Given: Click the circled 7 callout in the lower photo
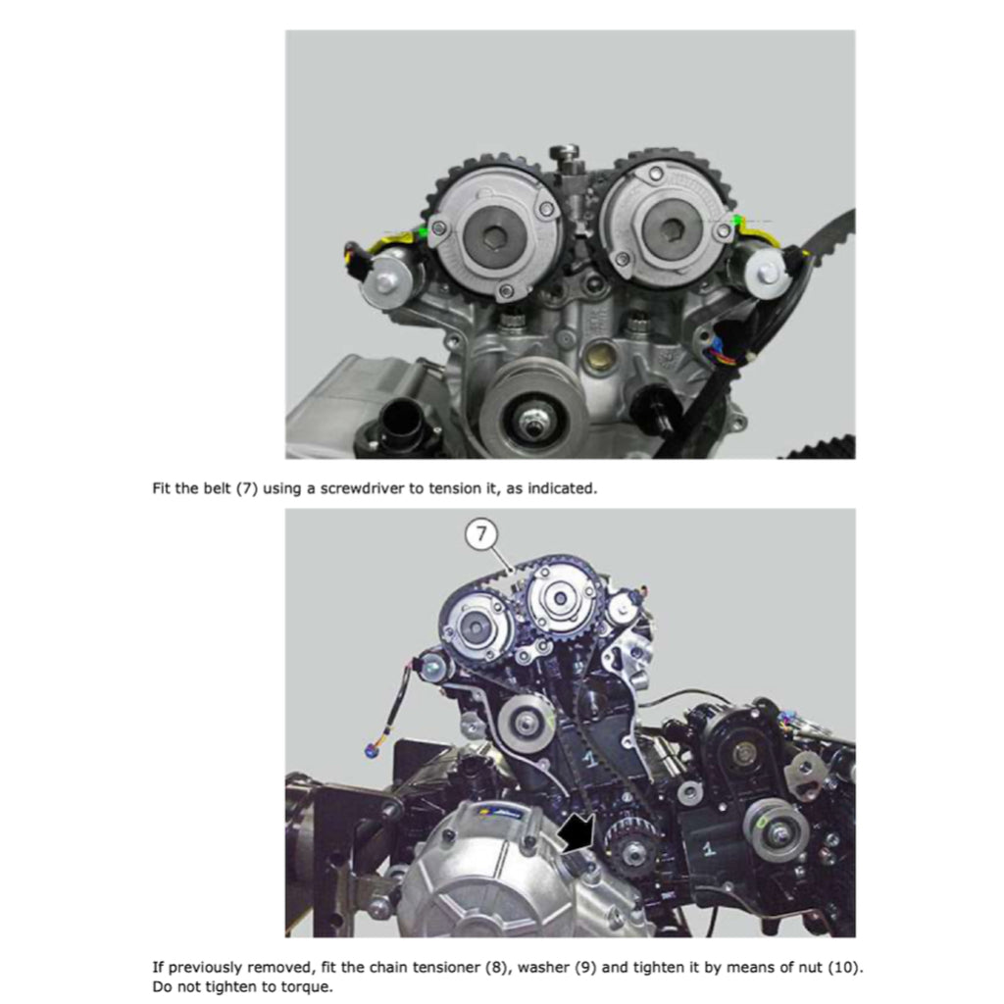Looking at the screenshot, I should tap(481, 535).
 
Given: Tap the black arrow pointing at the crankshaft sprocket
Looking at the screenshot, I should tap(577, 834).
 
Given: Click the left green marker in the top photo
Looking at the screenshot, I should tap(423, 232).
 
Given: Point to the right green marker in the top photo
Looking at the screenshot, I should tap(735, 222).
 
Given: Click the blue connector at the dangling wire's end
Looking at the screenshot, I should tap(371, 751).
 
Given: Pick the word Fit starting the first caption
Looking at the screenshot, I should tap(162, 488).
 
